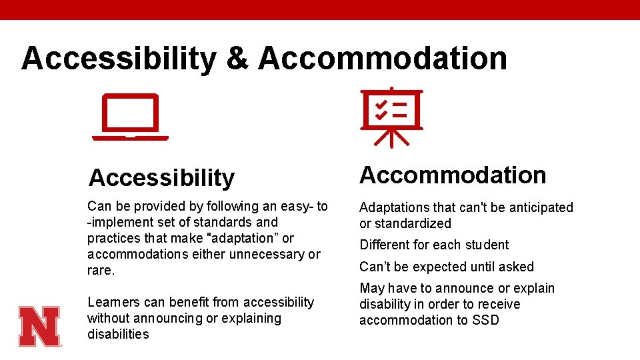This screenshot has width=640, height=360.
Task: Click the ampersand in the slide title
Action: tap(237, 58)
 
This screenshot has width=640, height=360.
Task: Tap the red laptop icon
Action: tap(130, 117)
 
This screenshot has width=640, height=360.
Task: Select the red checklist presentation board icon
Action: tap(392, 117)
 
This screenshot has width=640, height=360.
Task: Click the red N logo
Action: tap(39, 326)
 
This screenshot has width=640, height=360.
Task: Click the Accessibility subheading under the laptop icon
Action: tap(162, 178)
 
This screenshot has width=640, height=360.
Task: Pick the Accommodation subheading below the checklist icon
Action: tap(453, 175)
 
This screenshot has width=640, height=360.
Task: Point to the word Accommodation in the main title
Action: tap(383, 58)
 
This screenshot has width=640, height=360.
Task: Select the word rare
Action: tap(101, 270)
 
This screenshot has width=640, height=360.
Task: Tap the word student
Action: tap(485, 245)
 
